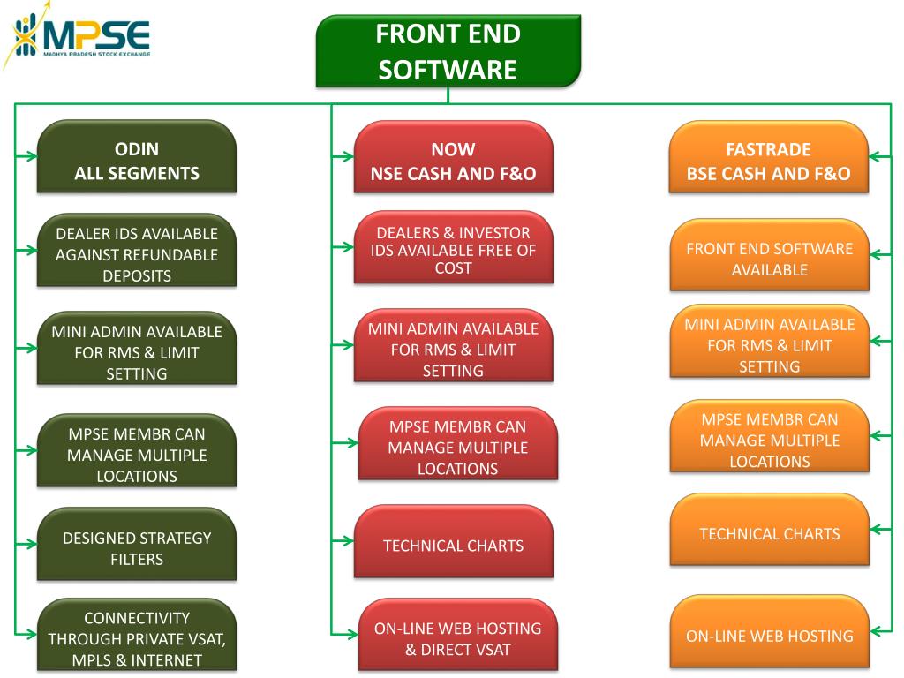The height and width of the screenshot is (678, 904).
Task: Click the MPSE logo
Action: [77, 35]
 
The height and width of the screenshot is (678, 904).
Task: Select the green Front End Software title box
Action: [448, 51]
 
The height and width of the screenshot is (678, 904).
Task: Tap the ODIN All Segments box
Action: [137, 156]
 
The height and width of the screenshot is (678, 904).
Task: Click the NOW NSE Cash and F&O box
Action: [453, 156]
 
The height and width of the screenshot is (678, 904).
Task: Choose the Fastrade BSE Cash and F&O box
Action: [769, 156]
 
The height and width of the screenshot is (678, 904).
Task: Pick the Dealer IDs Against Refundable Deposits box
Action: [137, 250]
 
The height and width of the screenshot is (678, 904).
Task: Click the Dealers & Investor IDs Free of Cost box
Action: [453, 247]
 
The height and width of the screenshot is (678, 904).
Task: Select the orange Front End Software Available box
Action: [770, 255]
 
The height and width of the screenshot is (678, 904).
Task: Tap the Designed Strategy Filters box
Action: [137, 544]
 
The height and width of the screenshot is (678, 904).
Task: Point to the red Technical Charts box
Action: [453, 541]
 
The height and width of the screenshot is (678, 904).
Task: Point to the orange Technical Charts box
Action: [770, 530]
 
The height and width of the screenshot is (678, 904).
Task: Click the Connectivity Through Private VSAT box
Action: [137, 635]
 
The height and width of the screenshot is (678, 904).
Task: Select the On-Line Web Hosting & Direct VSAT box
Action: [458, 635]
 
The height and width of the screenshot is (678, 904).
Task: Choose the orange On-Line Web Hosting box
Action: [770, 632]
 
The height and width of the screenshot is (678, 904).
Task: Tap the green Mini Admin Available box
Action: [137, 348]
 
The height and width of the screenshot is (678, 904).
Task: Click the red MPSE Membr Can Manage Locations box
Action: [458, 443]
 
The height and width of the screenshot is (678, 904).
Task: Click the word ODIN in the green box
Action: [137, 148]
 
